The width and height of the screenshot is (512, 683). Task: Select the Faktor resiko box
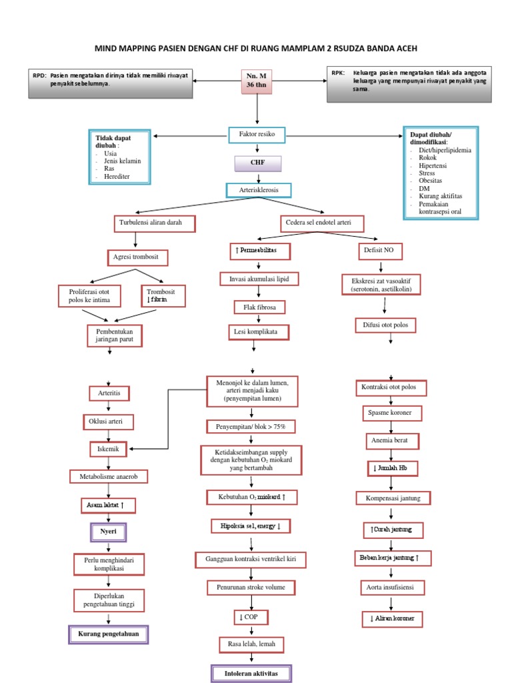pyautogui.click(x=257, y=135)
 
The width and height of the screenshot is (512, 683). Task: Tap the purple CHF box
pyautogui.click(x=257, y=163)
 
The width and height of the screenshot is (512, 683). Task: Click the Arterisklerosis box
pyautogui.click(x=257, y=190)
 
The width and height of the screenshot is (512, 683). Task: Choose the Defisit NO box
pyautogui.click(x=378, y=251)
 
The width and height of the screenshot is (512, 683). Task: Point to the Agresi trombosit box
pyautogui.click(x=137, y=257)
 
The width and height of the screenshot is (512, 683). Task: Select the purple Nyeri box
pyautogui.click(x=108, y=532)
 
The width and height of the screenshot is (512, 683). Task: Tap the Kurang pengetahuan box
pyautogui.click(x=108, y=634)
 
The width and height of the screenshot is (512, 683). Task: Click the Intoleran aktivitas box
pyautogui.click(x=250, y=674)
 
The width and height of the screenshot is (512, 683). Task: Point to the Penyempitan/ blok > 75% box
pyautogui.click(x=250, y=426)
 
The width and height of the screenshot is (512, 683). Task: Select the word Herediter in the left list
pyautogui.click(x=117, y=177)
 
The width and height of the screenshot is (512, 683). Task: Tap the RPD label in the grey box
pyautogui.click(x=39, y=75)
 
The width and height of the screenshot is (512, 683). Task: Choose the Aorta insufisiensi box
pyautogui.click(x=392, y=588)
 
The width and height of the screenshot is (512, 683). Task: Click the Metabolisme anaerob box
pyautogui.click(x=109, y=476)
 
